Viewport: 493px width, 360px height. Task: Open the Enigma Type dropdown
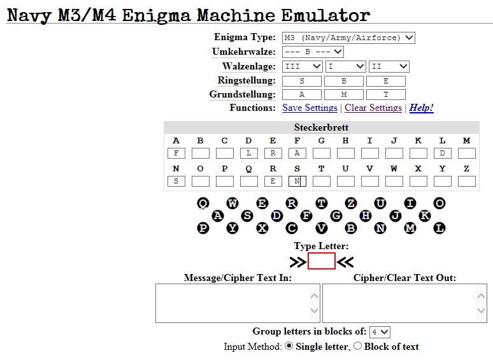(348, 38)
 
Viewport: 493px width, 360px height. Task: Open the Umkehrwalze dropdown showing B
(313, 52)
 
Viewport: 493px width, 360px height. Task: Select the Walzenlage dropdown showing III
(303, 66)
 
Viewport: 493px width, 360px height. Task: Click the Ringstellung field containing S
(302, 81)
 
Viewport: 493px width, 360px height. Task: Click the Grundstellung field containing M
(344, 94)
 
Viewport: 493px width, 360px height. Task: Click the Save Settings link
(310, 108)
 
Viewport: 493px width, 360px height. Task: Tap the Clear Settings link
(373, 108)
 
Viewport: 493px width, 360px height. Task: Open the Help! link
(421, 108)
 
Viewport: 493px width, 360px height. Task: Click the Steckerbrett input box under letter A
(176, 153)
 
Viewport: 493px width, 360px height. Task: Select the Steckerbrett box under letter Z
(467, 181)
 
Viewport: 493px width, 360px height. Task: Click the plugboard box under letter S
(297, 181)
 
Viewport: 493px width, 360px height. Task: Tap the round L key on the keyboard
(439, 227)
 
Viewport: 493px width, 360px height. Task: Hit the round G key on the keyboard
(336, 215)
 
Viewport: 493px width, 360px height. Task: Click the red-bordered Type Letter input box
(322, 261)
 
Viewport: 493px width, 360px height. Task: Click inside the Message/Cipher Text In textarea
(233, 303)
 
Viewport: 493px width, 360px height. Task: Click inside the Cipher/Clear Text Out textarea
(400, 303)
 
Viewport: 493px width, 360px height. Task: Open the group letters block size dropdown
(380, 332)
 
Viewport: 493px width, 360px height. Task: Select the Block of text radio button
(357, 347)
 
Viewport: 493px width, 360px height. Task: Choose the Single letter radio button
(289, 347)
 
